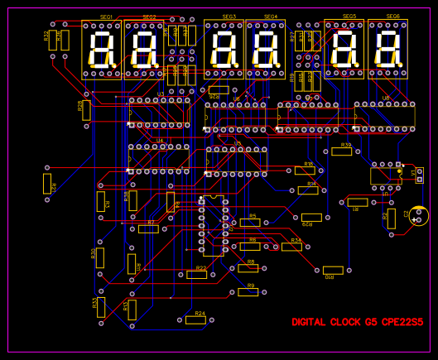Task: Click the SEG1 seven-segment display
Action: point(101,50)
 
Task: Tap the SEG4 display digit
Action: point(264,50)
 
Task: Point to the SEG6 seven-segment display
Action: point(387,50)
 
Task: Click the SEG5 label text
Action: point(349,17)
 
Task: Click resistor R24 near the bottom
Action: point(195,319)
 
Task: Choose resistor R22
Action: point(197,274)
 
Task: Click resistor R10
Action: point(333,270)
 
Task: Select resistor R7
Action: point(148,228)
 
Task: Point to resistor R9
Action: point(248,291)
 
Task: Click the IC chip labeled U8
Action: point(385,116)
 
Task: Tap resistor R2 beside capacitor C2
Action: point(391,218)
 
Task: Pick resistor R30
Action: point(100,257)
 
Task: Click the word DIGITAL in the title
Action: point(309,322)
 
